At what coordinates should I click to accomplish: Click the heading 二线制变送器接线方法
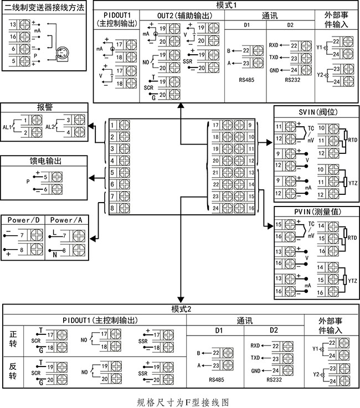pos(44,8)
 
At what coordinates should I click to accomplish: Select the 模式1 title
pos(227,5)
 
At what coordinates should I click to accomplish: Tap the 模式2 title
pos(181,309)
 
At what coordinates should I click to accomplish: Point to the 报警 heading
pos(45,107)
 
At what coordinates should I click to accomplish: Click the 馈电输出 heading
pos(45,161)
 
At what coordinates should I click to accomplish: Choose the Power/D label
pos(23,220)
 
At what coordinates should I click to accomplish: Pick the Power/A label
pos(66,220)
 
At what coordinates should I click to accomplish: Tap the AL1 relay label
pos(7,127)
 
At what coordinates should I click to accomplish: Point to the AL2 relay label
pos(50,127)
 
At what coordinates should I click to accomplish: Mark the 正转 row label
pos(13,339)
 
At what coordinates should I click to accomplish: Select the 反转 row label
pos(13,371)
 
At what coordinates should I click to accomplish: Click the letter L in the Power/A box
pos(54,232)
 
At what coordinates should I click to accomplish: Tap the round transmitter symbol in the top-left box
pos(61,53)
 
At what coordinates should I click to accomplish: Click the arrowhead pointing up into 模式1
pos(181,105)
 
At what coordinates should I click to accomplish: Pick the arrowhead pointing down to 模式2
pos(181,299)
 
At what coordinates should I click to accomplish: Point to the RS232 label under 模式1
pos(292,80)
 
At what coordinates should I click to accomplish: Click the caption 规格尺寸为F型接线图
pos(183,402)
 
